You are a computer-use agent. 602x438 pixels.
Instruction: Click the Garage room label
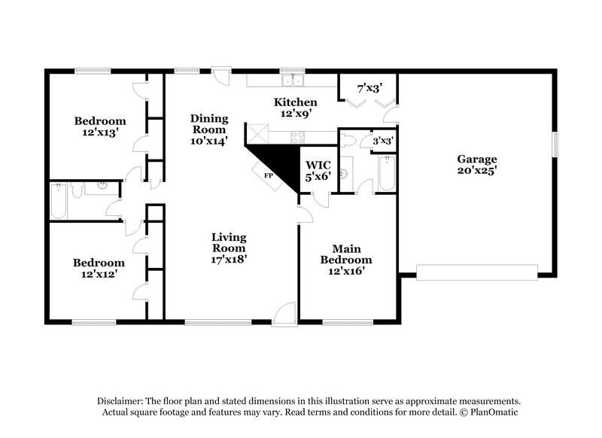pyautogui.click(x=477, y=159)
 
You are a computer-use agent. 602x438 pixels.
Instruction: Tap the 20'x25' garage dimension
pyautogui.click(x=477, y=171)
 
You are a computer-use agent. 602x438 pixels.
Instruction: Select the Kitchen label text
pyautogui.click(x=295, y=102)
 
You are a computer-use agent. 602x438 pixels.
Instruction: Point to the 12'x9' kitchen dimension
pyautogui.click(x=295, y=114)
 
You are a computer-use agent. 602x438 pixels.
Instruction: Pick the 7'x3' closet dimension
pyautogui.click(x=367, y=88)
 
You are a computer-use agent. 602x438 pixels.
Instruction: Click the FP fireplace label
pyautogui.click(x=266, y=175)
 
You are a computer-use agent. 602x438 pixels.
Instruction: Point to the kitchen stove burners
pyautogui.click(x=296, y=136)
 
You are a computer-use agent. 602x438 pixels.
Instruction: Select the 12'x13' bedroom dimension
pyautogui.click(x=99, y=132)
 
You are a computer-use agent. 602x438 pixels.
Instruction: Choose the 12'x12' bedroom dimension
pyautogui.click(x=99, y=274)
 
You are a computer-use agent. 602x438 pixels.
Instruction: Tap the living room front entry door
pyautogui.click(x=284, y=314)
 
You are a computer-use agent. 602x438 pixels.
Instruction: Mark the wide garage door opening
pyautogui.click(x=477, y=272)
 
